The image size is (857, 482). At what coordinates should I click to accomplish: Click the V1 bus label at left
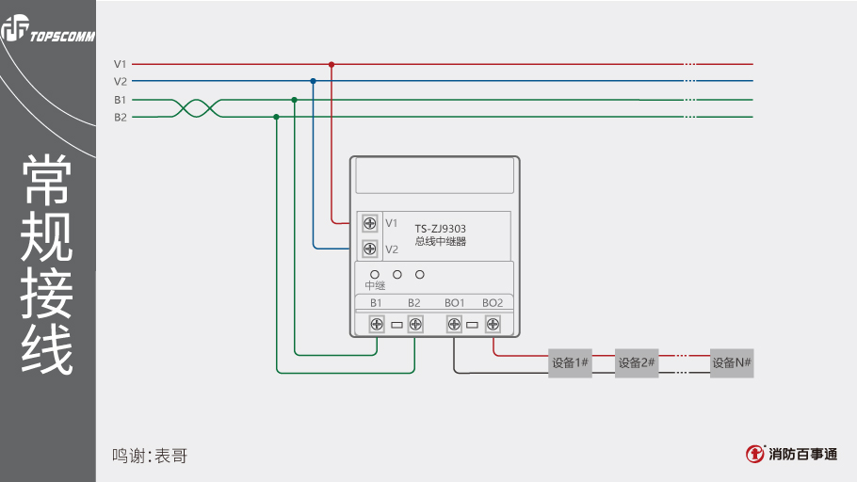tap(121, 64)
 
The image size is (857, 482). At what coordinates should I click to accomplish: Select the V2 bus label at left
tap(121, 82)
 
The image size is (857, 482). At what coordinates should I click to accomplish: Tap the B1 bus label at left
tap(121, 100)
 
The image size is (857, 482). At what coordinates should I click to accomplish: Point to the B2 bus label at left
tap(121, 118)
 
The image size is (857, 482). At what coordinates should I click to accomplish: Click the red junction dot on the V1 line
tap(331, 64)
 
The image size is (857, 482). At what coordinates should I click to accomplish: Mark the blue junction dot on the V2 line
tap(313, 82)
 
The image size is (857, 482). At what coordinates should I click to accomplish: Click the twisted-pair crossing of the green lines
tap(198, 108)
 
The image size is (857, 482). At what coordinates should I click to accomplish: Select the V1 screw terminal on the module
tap(370, 223)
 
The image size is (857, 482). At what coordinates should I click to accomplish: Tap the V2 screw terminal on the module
tap(370, 249)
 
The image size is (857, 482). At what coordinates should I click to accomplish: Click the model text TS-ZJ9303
tap(441, 228)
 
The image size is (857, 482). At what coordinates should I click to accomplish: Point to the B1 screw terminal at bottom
tap(377, 325)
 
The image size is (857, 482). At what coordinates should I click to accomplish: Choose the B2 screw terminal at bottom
tap(415, 325)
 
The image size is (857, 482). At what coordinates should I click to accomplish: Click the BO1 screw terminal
tap(454, 325)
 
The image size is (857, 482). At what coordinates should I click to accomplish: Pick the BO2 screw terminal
tap(493, 325)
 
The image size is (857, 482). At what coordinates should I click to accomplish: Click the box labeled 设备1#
tap(570, 363)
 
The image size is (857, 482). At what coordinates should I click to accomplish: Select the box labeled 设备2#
tap(637, 363)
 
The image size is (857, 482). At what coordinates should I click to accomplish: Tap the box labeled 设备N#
tap(732, 363)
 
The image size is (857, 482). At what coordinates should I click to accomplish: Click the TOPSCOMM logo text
tap(62, 39)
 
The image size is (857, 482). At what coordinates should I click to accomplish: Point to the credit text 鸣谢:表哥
tap(150, 457)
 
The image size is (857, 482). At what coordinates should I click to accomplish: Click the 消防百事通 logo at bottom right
tap(792, 454)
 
